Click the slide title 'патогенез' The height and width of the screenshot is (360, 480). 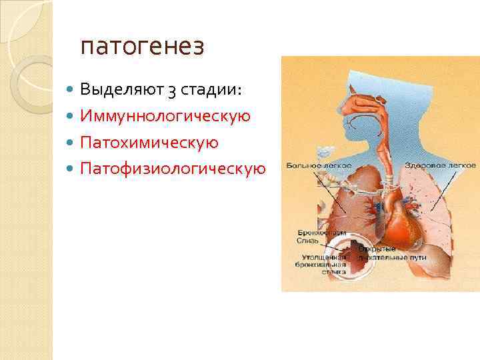click(x=142, y=47)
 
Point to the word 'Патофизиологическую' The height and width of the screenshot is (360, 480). click(x=173, y=169)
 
